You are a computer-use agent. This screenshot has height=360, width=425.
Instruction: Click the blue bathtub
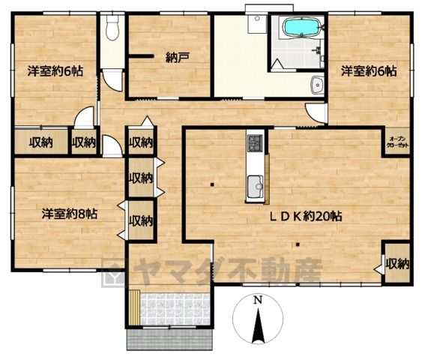click(x=301, y=27)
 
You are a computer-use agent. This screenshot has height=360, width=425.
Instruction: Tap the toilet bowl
click(x=112, y=28)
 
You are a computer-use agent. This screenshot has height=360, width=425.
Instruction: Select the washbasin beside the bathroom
click(x=317, y=85)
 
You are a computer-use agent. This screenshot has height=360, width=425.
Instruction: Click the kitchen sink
click(x=256, y=187)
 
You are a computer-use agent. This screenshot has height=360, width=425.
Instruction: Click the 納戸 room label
click(x=177, y=58)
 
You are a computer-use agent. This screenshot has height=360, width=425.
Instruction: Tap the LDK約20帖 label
click(x=306, y=216)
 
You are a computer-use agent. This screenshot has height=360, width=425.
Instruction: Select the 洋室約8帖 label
click(x=70, y=214)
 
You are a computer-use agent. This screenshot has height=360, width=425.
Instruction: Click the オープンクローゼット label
click(x=397, y=142)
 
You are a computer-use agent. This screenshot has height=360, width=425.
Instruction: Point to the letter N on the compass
click(x=258, y=300)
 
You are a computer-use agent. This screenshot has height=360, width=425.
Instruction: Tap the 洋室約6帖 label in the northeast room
click(x=369, y=71)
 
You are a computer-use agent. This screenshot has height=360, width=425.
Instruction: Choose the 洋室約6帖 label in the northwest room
click(x=55, y=71)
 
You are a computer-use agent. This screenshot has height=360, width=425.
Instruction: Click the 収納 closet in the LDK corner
click(x=397, y=263)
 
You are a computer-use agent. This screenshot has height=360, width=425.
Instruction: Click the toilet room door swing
click(x=112, y=80)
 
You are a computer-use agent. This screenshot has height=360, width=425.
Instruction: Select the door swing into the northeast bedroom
click(x=316, y=113)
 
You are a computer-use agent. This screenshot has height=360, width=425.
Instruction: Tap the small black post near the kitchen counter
click(x=212, y=184)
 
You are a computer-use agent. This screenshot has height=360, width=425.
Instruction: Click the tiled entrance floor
click(x=175, y=308)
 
